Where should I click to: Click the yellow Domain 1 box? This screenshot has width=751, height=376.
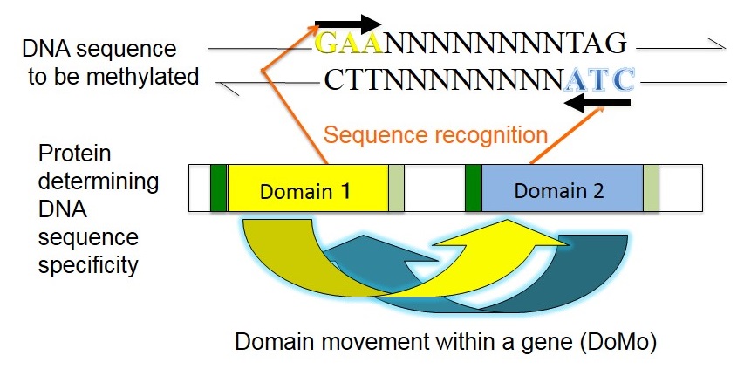click(308, 188)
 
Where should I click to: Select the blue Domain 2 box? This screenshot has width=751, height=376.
click(563, 188)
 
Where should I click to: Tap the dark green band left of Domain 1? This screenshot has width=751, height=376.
click(218, 188)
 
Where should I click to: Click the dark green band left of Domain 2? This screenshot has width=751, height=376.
click(474, 188)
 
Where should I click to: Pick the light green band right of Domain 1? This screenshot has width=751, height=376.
click(396, 188)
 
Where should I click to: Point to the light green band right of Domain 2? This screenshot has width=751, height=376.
click(651, 188)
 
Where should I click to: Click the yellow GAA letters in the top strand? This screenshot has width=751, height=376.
click(350, 43)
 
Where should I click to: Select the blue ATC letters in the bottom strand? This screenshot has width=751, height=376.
click(599, 80)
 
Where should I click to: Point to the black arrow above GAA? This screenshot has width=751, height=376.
click(348, 24)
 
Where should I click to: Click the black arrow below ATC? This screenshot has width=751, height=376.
click(597, 102)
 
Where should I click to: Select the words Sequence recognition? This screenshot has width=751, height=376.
click(435, 135)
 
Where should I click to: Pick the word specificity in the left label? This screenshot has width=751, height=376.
click(88, 265)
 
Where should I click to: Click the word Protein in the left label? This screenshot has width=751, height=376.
click(74, 154)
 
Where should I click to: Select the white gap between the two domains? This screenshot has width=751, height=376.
click(434, 188)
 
